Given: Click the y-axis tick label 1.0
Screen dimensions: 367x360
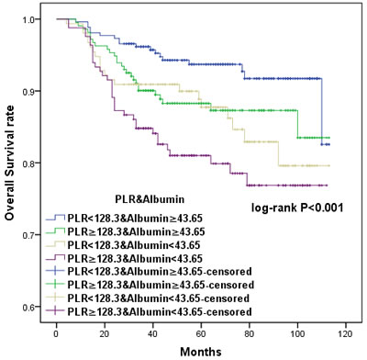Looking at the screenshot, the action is (x=28, y=19).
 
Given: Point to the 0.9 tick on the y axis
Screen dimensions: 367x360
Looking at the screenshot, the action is (x=28, y=91).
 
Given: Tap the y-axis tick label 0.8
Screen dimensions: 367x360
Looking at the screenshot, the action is (x=28, y=163).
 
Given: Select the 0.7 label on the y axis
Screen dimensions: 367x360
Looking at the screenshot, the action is (x=28, y=235).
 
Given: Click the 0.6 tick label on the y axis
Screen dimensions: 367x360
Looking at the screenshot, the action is (x=28, y=307).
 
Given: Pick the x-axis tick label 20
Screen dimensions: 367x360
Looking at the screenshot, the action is (x=105, y=333).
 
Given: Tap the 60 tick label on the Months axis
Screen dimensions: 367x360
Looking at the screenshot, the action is (x=201, y=333).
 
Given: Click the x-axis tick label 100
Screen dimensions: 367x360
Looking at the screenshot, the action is (x=297, y=333).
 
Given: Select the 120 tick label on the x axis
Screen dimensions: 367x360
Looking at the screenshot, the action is (x=346, y=333).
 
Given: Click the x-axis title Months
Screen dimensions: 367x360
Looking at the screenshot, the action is (x=201, y=351).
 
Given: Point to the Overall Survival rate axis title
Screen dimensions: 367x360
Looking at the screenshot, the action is (x=9, y=163).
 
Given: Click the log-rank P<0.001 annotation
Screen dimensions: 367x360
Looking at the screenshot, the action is (x=297, y=208).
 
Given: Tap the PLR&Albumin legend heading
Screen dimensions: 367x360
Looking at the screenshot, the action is (x=150, y=199).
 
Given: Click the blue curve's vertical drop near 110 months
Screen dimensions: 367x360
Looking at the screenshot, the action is (x=322, y=111).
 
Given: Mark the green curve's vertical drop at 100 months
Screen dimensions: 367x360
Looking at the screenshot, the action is (x=297, y=124).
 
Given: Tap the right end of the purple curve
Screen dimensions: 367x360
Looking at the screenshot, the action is (x=327, y=186).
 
